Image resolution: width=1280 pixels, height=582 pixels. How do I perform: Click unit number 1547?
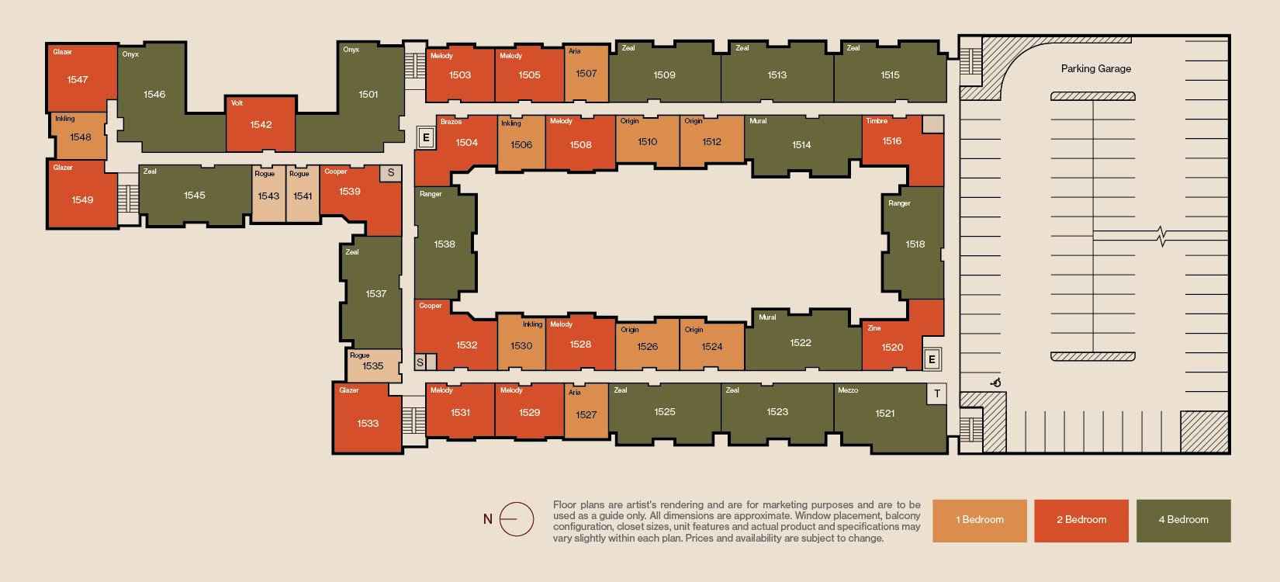coord(78,79)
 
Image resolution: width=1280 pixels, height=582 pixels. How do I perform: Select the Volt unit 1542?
coord(261,124)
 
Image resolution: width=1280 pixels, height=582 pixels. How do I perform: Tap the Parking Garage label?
coord(1096,68)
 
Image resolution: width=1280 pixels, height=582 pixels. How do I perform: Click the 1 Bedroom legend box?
coord(980,520)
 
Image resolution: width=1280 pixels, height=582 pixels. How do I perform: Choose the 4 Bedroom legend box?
coord(1184,520)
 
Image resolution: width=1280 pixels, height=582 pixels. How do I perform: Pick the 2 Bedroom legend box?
coord(1081,520)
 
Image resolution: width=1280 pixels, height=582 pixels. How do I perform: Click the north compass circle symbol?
coord(517,519)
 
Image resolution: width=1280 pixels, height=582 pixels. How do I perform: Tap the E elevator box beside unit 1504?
coord(426,138)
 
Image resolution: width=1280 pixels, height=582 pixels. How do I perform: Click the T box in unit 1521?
coord(936,393)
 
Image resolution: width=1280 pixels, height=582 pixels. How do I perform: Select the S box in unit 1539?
coord(391,172)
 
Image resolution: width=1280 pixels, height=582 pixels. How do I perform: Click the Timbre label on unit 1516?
coord(877,120)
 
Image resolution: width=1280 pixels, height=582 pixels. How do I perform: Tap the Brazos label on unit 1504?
coord(451,122)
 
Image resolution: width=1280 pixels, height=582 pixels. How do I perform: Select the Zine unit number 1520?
coord(892,347)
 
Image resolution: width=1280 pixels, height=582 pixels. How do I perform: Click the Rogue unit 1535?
coord(374,365)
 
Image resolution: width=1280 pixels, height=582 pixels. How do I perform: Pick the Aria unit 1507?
coord(586,73)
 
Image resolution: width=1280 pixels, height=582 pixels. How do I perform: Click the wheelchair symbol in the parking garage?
coord(996,383)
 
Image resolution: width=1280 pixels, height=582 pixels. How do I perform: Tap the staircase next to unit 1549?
coord(128,199)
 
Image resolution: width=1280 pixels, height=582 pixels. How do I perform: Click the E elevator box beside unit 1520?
coord(932,359)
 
